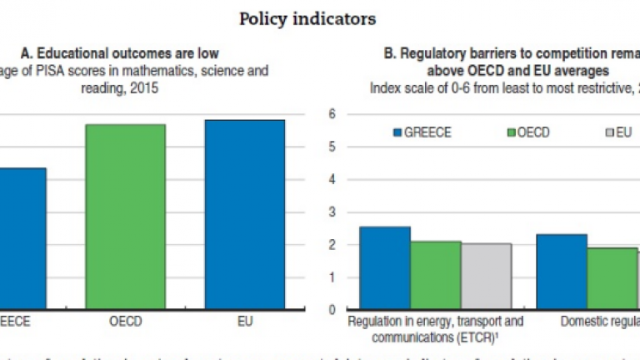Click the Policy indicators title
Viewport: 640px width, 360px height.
pos(307,17)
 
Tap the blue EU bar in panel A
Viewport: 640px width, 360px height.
pos(244,214)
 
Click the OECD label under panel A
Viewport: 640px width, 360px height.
pos(125,320)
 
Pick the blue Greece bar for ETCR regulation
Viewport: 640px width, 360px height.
pos(385,267)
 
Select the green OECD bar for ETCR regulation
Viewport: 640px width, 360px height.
pos(436,275)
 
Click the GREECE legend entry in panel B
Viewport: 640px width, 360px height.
pos(422,132)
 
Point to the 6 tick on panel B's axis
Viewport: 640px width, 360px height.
pos(331,114)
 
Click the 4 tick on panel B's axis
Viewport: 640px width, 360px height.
pos(331,179)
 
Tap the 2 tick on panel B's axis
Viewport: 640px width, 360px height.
pos(331,245)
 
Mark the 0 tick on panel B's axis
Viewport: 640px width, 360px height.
pos(331,310)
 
